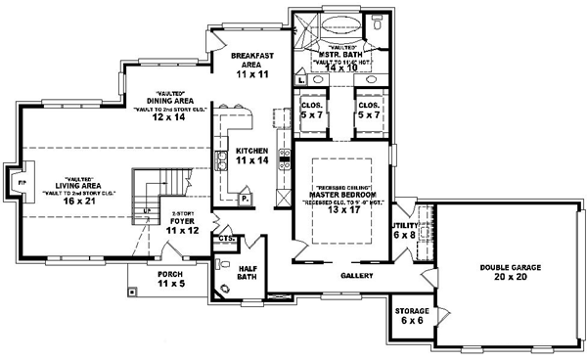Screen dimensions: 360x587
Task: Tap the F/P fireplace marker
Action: tap(17, 181)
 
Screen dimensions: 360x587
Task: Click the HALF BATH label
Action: tap(249, 267)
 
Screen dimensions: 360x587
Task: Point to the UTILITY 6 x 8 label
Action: tap(404, 229)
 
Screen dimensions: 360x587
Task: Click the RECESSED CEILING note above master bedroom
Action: tap(339, 185)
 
